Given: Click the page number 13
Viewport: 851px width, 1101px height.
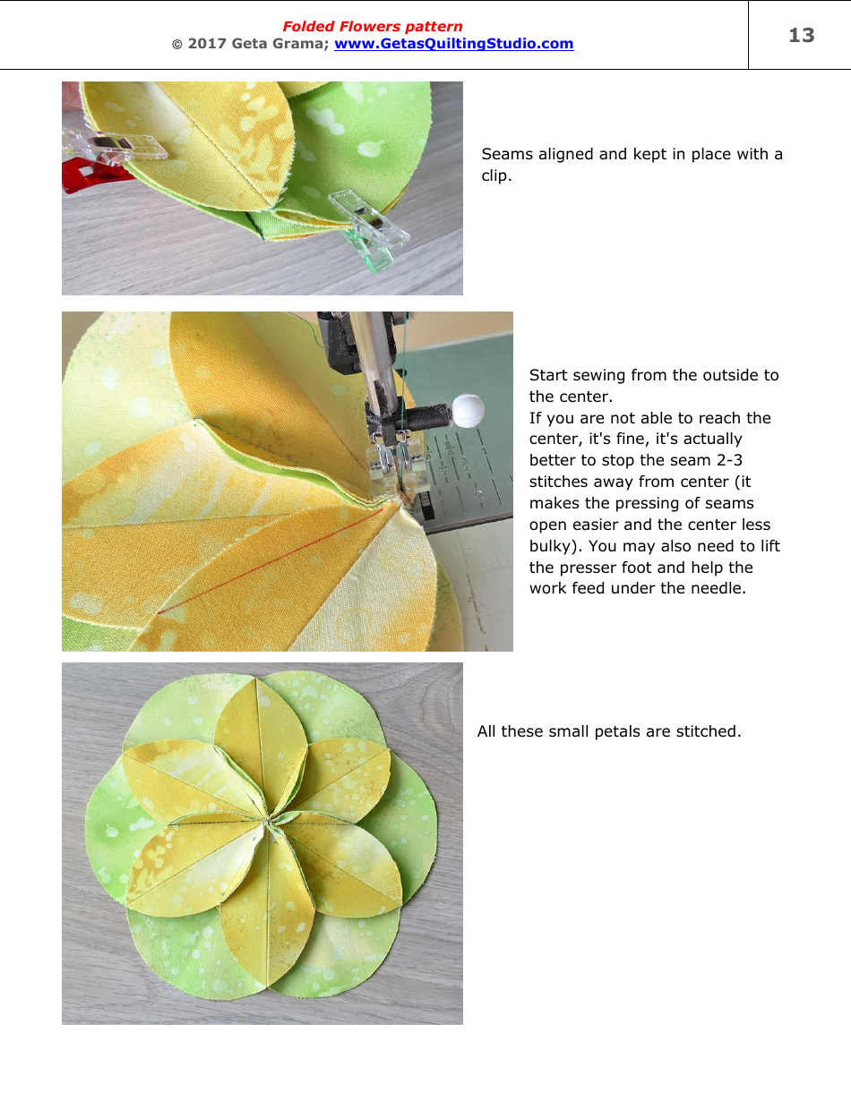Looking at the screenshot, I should coord(801,36).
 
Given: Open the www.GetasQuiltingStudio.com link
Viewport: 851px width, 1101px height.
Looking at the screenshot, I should coord(453,44).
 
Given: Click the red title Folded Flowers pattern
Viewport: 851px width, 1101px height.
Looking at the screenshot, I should coord(373,27).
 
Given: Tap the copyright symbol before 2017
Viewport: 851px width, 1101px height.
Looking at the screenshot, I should coord(176,44).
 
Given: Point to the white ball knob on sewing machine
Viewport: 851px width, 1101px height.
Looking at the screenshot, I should coord(468,411).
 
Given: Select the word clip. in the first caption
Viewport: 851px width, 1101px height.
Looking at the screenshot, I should coord(496,175).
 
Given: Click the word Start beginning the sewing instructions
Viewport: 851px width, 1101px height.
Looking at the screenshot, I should coord(549,375).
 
